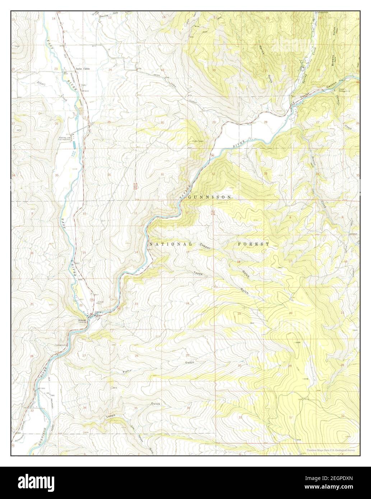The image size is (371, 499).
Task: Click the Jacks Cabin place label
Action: tap(82, 68)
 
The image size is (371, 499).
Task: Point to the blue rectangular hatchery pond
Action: tap(74, 144)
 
